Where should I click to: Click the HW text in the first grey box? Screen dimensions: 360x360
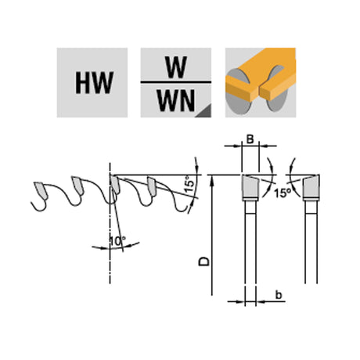(94, 83)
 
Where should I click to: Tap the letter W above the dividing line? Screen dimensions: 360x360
(177, 67)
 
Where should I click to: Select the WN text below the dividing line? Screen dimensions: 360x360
(176, 100)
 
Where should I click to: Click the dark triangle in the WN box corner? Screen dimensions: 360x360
(203, 111)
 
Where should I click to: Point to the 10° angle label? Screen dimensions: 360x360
(117, 241)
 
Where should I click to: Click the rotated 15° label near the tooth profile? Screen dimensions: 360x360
(190, 184)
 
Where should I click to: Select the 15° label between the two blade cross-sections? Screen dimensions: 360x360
(283, 193)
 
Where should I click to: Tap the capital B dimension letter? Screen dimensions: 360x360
(250, 139)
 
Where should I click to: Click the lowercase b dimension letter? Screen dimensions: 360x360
(279, 295)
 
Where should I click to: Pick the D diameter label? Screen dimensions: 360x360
(204, 261)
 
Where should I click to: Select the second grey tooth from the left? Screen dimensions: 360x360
(77, 185)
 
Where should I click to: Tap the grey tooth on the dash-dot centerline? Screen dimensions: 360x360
(115, 184)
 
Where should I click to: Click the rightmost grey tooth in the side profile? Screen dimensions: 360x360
(152, 186)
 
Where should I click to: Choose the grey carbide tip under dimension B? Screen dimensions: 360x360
(250, 186)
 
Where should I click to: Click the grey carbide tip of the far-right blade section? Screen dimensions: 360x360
(311, 186)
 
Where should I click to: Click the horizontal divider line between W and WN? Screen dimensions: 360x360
(176, 82)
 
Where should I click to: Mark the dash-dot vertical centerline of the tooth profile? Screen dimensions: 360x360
(110, 223)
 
